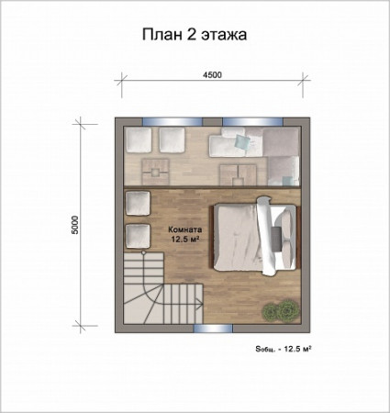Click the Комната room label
[x=185, y=230]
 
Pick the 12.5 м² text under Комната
[x=185, y=240]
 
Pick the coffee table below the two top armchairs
[x=159, y=166]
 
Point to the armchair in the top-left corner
[x=139, y=141]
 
